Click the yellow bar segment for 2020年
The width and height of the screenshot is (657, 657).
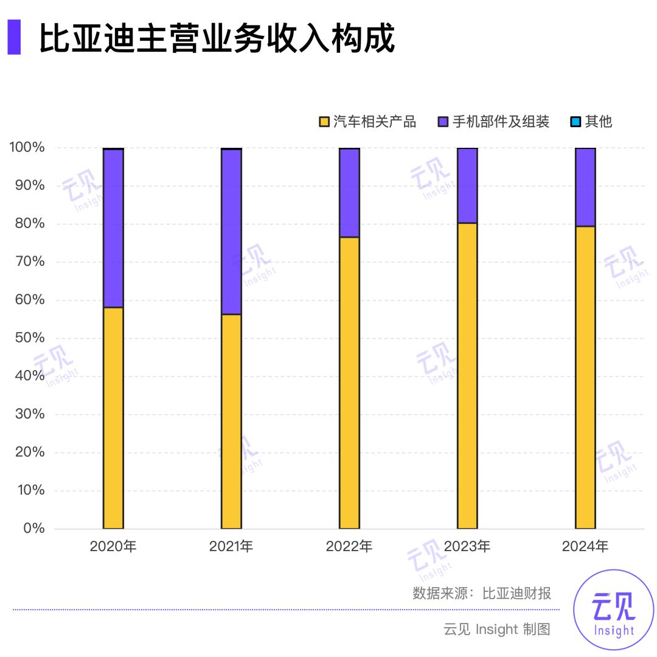click(x=113, y=418)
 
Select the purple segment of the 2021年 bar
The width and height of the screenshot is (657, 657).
click(x=231, y=232)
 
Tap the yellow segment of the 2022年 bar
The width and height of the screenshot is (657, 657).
click(x=349, y=383)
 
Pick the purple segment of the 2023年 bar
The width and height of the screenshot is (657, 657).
click(x=467, y=186)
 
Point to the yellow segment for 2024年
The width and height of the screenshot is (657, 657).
click(x=585, y=377)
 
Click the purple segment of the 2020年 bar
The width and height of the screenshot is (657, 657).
click(x=113, y=228)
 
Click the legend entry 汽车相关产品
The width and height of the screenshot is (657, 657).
click(x=368, y=122)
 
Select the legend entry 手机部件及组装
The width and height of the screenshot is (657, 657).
click(x=493, y=122)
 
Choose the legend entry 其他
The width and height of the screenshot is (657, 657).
click(x=591, y=122)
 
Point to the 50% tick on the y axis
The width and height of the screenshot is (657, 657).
click(x=27, y=338)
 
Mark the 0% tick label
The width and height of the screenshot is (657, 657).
click(x=32, y=528)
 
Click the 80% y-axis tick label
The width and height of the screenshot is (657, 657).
click(x=27, y=223)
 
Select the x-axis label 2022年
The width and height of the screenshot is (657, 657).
click(x=349, y=546)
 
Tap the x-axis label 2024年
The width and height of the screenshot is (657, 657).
click(x=585, y=546)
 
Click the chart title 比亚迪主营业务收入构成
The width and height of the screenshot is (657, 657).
click(x=217, y=38)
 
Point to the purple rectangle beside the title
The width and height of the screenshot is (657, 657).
click(x=13, y=37)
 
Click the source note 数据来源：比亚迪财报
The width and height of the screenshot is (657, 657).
click(x=482, y=593)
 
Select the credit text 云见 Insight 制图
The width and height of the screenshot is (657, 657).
click(x=496, y=629)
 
